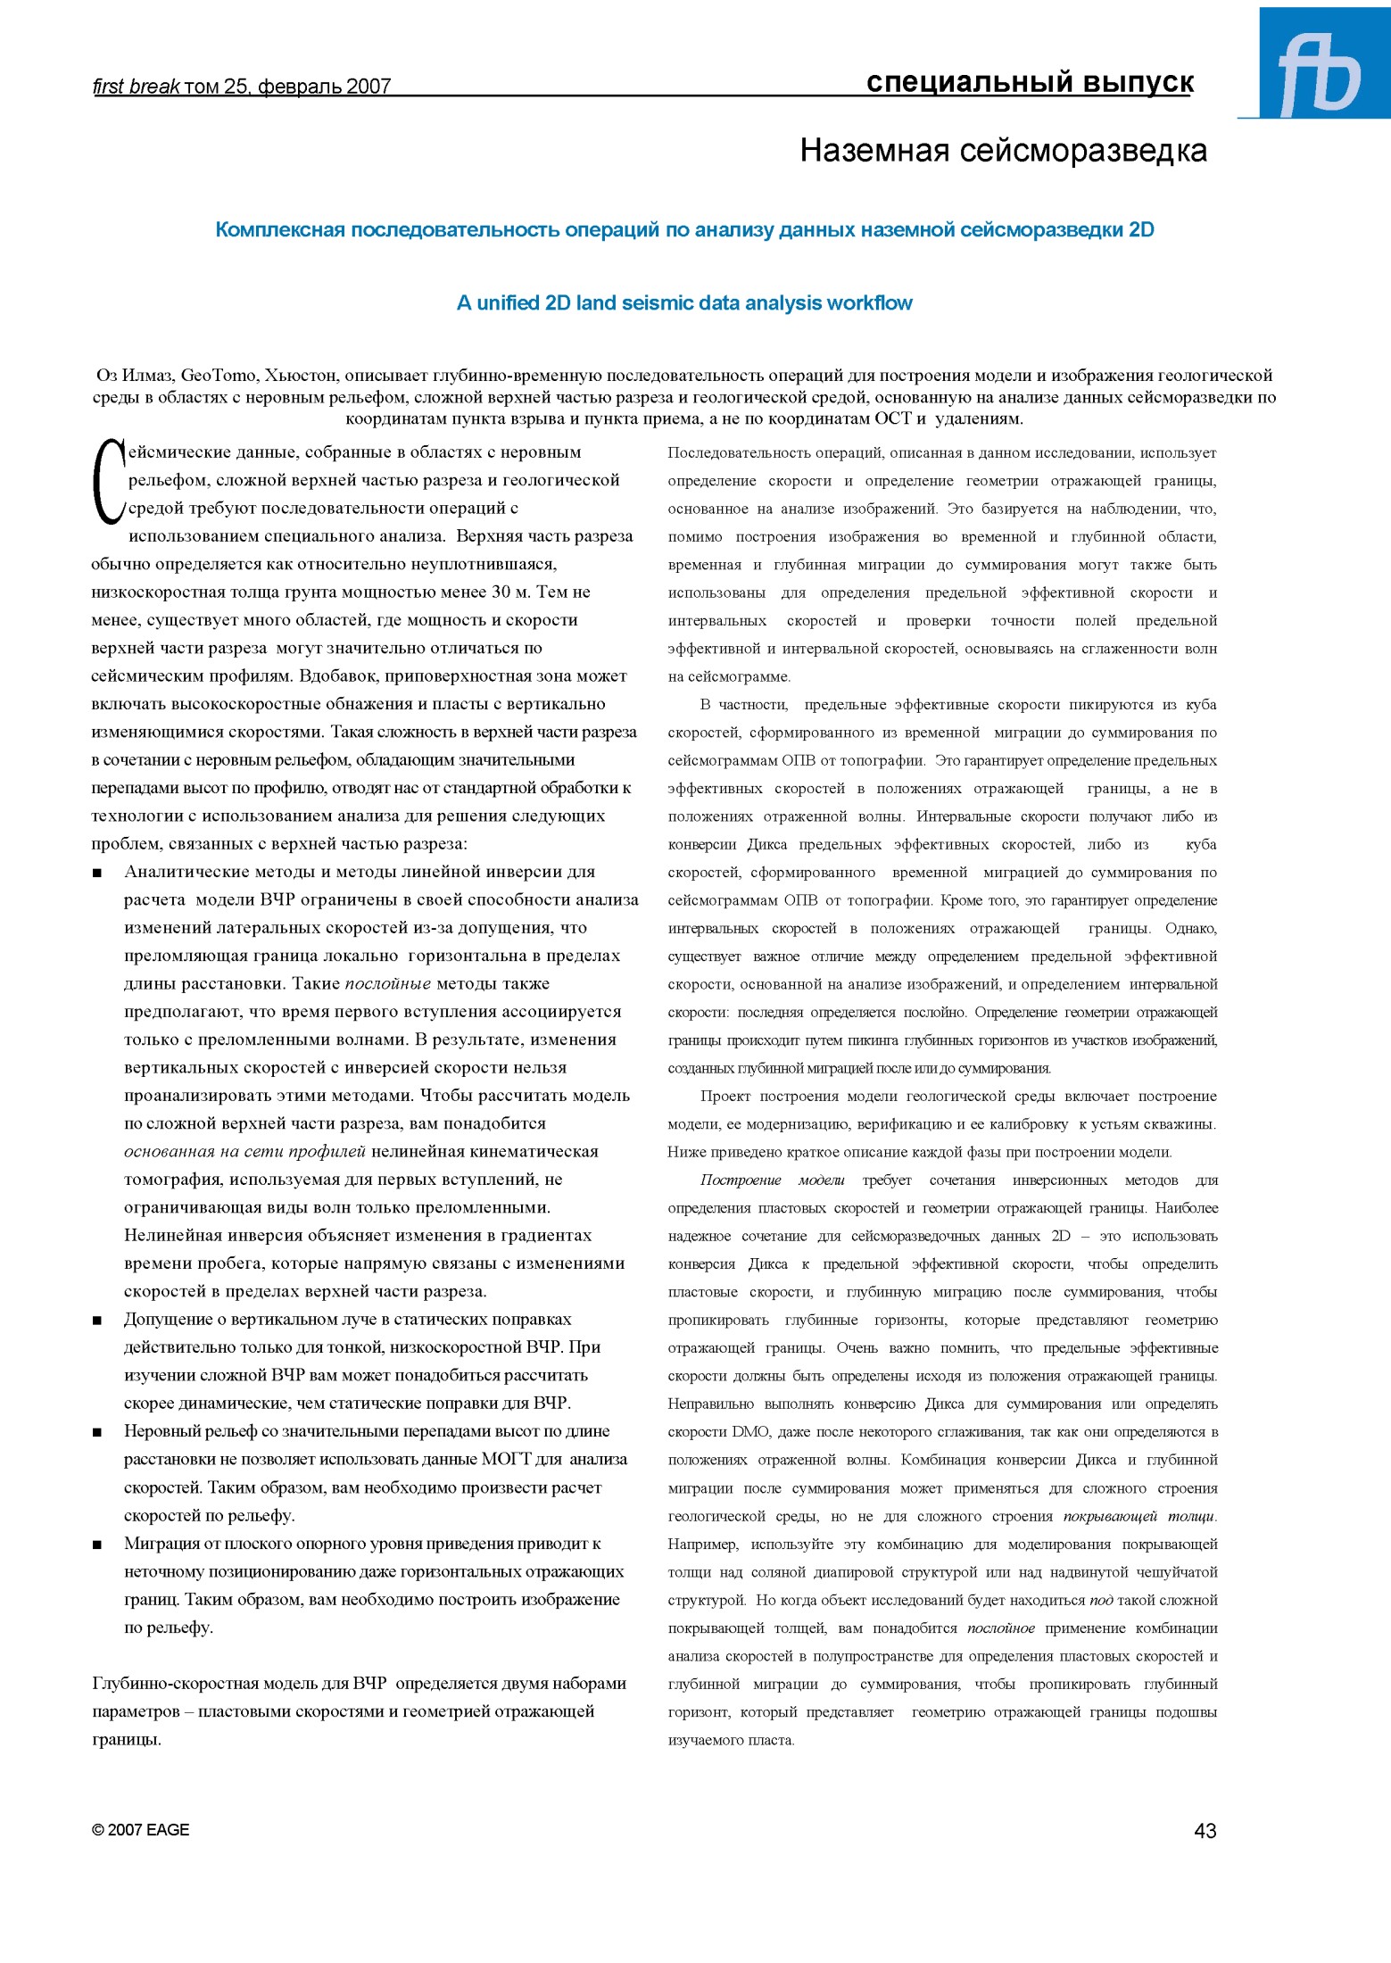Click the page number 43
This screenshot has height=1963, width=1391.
click(x=1205, y=1831)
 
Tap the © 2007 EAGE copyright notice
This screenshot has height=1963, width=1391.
click(x=141, y=1830)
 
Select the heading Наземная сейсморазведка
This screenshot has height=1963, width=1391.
click(x=1003, y=151)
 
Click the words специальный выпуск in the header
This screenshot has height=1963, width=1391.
click(x=1030, y=83)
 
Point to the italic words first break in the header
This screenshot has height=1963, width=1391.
click(x=137, y=87)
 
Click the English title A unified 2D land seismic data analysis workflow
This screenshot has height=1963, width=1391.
click(x=684, y=303)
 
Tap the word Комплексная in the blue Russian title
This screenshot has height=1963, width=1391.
click(x=279, y=230)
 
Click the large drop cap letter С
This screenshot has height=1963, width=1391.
click(x=108, y=482)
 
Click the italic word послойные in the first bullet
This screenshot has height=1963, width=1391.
click(x=387, y=984)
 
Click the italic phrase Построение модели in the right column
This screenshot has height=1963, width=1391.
click(x=772, y=1180)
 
